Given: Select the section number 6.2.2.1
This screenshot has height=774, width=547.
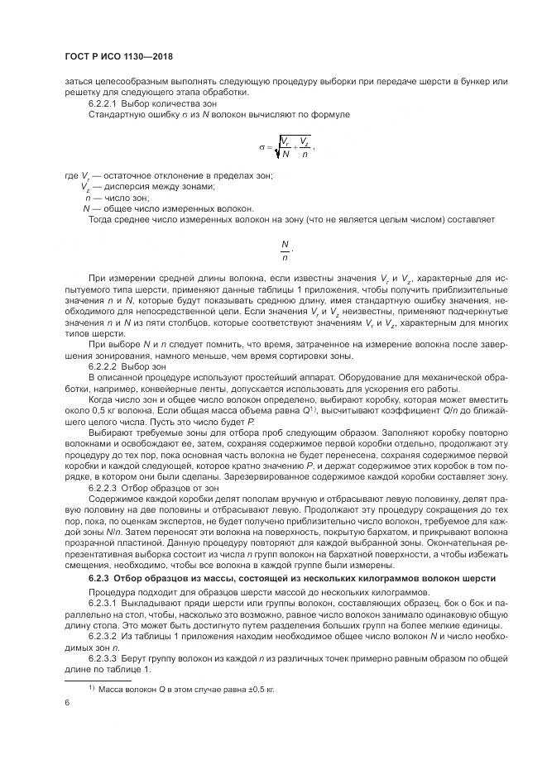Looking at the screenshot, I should click(x=103, y=104).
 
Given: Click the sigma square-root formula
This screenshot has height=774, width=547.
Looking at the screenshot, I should click(x=285, y=146).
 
